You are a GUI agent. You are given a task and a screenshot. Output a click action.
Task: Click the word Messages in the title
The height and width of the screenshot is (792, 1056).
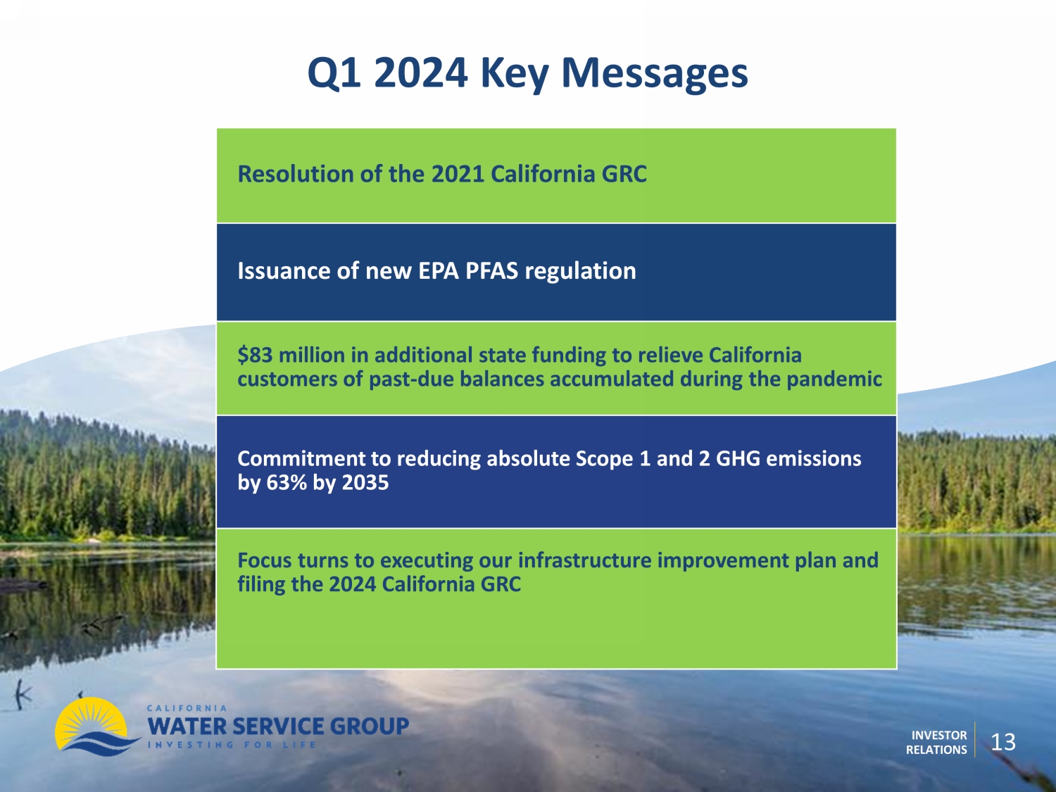click(x=654, y=74)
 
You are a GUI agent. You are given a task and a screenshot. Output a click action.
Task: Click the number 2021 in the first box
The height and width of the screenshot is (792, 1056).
click(x=458, y=174)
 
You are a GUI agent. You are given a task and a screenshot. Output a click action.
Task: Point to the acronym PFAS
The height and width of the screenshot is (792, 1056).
click(x=491, y=271)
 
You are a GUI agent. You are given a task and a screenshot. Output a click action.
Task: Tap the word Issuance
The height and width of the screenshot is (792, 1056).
click(x=284, y=271)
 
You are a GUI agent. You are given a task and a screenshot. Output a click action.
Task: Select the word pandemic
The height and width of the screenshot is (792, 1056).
click(x=834, y=379)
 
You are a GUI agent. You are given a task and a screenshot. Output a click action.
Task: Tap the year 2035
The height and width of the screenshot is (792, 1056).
click(x=365, y=482)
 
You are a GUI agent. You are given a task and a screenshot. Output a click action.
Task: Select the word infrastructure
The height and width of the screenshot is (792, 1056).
click(x=584, y=560)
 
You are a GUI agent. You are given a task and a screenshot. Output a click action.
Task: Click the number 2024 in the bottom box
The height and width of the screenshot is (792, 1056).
click(x=353, y=584)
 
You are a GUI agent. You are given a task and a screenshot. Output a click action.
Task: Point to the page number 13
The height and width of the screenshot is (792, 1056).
click(x=1004, y=742)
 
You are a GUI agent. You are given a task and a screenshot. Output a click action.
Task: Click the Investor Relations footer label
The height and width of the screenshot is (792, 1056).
click(x=936, y=743)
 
